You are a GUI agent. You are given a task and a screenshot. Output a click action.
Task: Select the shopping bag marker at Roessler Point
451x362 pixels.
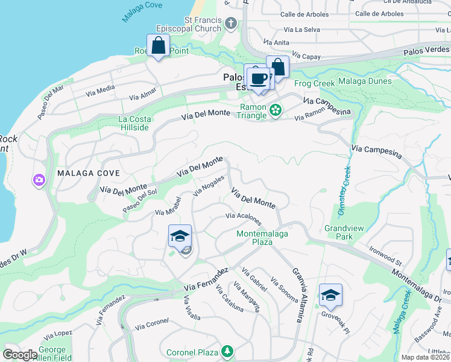(158, 46)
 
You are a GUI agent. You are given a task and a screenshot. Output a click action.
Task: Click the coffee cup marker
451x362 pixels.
(259, 79)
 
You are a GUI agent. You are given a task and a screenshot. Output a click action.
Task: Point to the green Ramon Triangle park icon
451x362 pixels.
(276, 110)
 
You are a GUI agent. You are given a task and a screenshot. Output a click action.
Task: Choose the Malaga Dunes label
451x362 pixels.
(365, 81)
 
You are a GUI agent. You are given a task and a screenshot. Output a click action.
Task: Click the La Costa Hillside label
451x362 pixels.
(133, 123)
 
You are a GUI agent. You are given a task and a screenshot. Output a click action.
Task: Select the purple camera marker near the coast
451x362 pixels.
(39, 180)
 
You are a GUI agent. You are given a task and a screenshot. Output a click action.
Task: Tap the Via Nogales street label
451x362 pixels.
(209, 185)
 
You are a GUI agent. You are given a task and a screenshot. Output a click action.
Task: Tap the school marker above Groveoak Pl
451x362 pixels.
(330, 296)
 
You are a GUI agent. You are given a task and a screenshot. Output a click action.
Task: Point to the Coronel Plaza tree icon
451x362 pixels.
(227, 351)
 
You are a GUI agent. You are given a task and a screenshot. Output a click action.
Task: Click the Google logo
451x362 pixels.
(19, 355)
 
